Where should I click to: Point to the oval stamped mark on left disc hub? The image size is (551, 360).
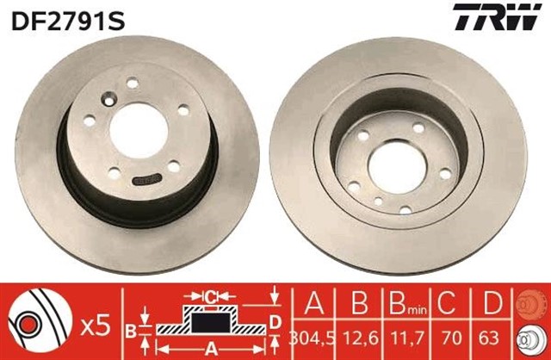coord(152,179)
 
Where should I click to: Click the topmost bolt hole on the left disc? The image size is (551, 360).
coord(133,84)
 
